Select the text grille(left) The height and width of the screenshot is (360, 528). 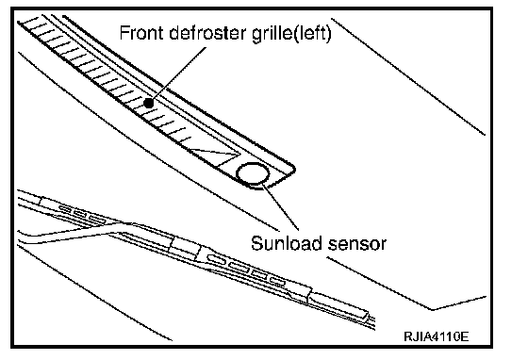click(291, 34)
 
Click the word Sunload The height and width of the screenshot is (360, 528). click(287, 243)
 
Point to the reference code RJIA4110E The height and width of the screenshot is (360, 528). click(436, 335)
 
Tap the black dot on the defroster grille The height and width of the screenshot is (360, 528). click(149, 104)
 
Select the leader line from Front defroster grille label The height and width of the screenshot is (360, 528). click(178, 74)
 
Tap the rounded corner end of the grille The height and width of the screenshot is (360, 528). click(291, 169)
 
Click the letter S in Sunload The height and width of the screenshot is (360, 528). click(256, 243)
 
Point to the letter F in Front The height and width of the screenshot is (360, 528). click(124, 33)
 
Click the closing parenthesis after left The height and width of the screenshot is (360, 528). click(329, 34)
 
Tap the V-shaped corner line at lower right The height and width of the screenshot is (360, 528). click(433, 308)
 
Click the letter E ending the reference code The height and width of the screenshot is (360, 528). click(465, 335)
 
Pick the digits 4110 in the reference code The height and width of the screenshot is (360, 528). click(443, 335)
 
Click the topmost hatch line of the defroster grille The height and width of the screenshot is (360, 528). click(29, 21)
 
